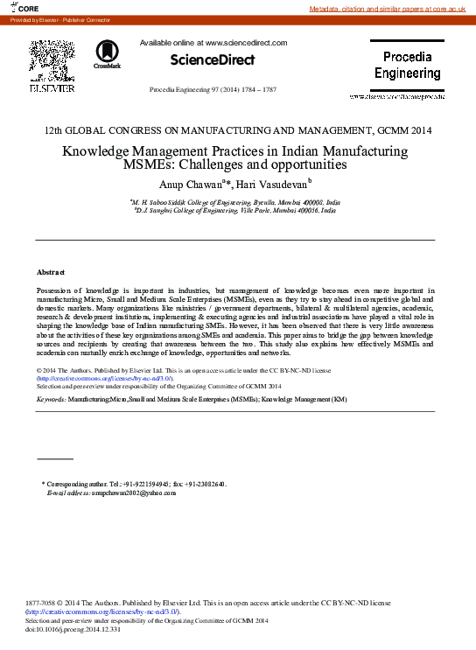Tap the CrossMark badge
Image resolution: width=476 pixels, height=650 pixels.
(x=108, y=54)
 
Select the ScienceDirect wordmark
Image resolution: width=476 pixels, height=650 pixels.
(x=213, y=59)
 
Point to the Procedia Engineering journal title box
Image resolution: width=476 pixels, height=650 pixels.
(x=407, y=65)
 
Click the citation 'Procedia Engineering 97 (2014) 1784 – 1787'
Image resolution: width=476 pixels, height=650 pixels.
(x=213, y=89)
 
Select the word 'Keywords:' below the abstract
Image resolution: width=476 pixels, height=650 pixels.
(x=52, y=399)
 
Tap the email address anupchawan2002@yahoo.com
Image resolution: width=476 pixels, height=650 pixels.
(x=135, y=493)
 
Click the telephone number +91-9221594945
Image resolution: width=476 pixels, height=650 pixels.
(x=143, y=484)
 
